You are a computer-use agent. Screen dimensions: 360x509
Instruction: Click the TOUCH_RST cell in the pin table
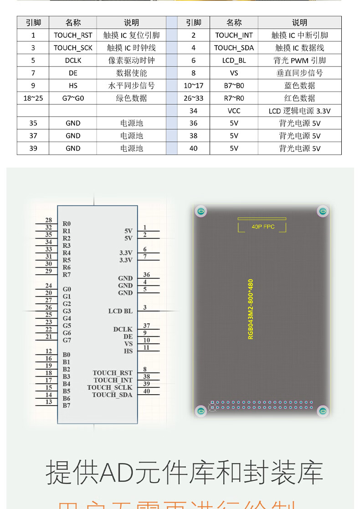[73, 35]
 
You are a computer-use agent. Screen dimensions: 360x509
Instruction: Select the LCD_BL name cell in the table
[234, 60]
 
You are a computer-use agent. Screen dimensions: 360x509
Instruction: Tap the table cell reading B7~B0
[234, 85]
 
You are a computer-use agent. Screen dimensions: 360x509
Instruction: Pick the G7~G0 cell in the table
[73, 98]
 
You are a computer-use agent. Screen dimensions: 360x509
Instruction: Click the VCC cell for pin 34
[234, 111]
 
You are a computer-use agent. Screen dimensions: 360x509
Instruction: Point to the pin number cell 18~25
[33, 98]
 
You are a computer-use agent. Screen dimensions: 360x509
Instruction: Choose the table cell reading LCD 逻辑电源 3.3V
[299, 111]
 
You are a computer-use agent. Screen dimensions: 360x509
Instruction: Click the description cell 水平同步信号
[131, 85]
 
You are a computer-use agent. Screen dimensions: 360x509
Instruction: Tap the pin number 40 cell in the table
[194, 148]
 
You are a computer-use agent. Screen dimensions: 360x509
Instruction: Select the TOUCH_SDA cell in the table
[234, 48]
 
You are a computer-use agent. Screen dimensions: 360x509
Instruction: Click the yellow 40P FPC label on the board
[263, 227]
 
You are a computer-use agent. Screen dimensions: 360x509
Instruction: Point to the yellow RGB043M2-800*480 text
[251, 309]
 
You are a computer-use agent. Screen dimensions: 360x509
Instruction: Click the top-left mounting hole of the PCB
[201, 211]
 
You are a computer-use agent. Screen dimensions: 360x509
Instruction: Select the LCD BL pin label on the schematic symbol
[120, 311]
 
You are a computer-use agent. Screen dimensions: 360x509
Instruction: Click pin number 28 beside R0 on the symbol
[48, 220]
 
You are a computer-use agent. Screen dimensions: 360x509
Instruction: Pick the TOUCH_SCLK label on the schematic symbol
[109, 387]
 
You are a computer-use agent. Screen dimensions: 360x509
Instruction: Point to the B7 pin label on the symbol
[67, 405]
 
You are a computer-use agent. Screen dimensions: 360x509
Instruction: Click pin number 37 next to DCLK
[146, 326]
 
